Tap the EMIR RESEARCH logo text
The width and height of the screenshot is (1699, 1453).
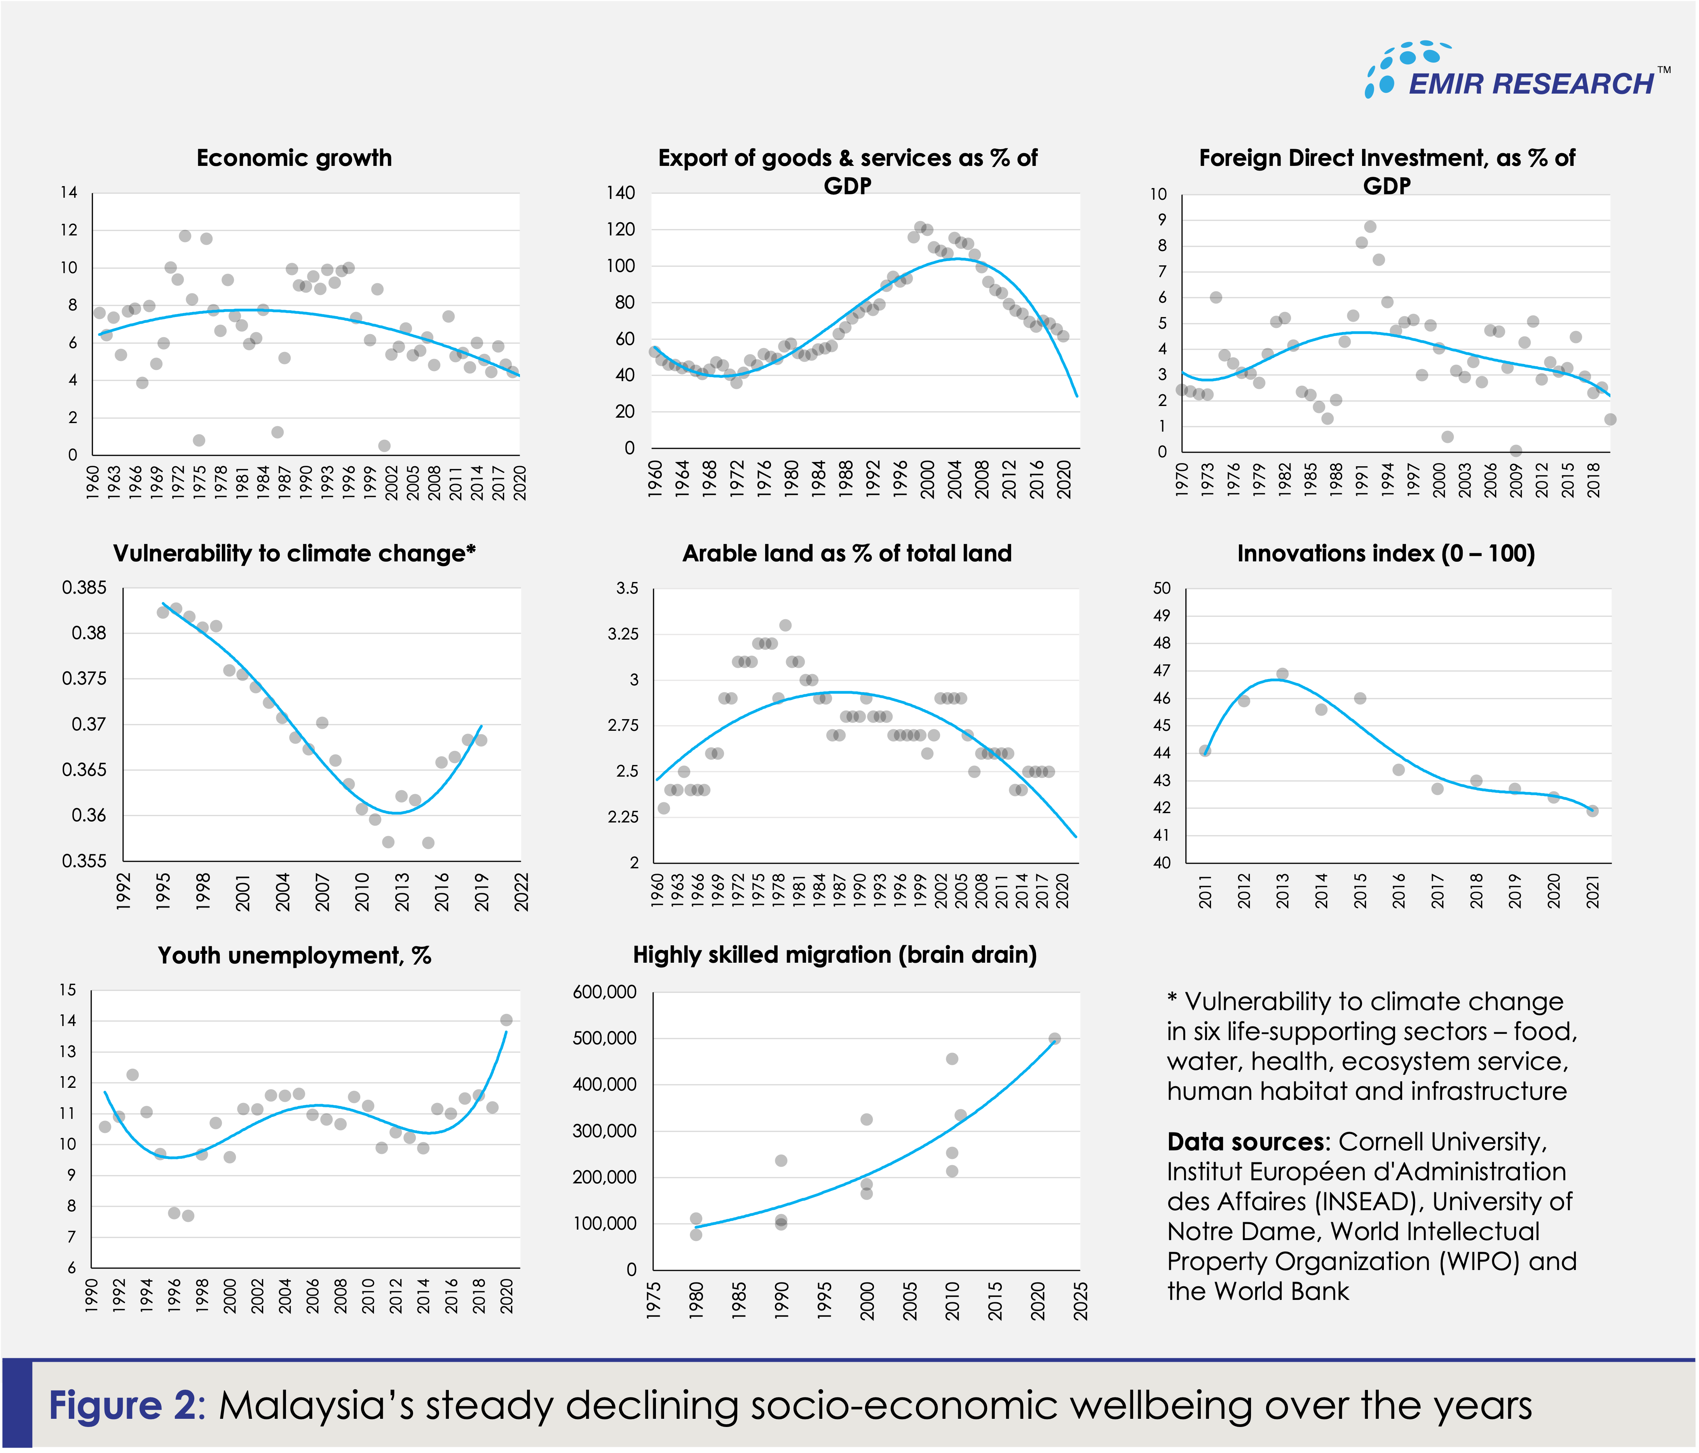coord(1531,84)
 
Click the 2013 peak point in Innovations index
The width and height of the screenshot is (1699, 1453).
coord(1282,674)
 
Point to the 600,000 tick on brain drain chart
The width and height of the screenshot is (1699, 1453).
coord(604,992)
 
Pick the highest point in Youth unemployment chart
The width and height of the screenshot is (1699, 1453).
coord(506,1020)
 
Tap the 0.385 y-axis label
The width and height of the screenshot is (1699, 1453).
coord(84,588)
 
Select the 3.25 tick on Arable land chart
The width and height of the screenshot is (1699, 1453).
coord(623,634)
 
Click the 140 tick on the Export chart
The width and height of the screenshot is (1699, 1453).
coord(621,193)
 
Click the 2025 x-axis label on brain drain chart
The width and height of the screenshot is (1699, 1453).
coord(1081,1301)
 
